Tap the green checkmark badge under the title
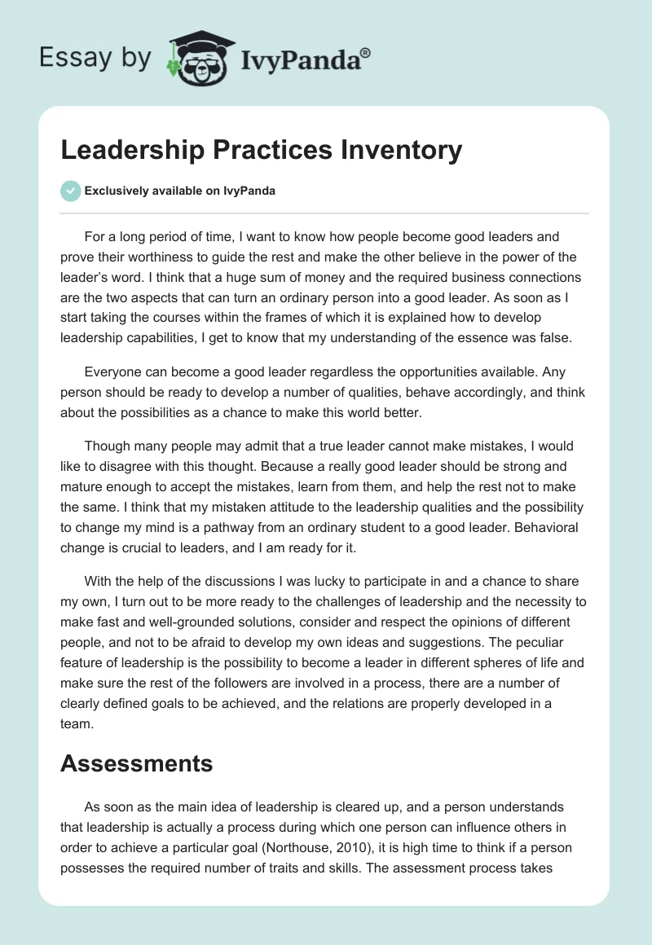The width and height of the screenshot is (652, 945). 70,191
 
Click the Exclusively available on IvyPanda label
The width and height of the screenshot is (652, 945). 179,191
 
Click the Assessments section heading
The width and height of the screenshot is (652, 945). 136,763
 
